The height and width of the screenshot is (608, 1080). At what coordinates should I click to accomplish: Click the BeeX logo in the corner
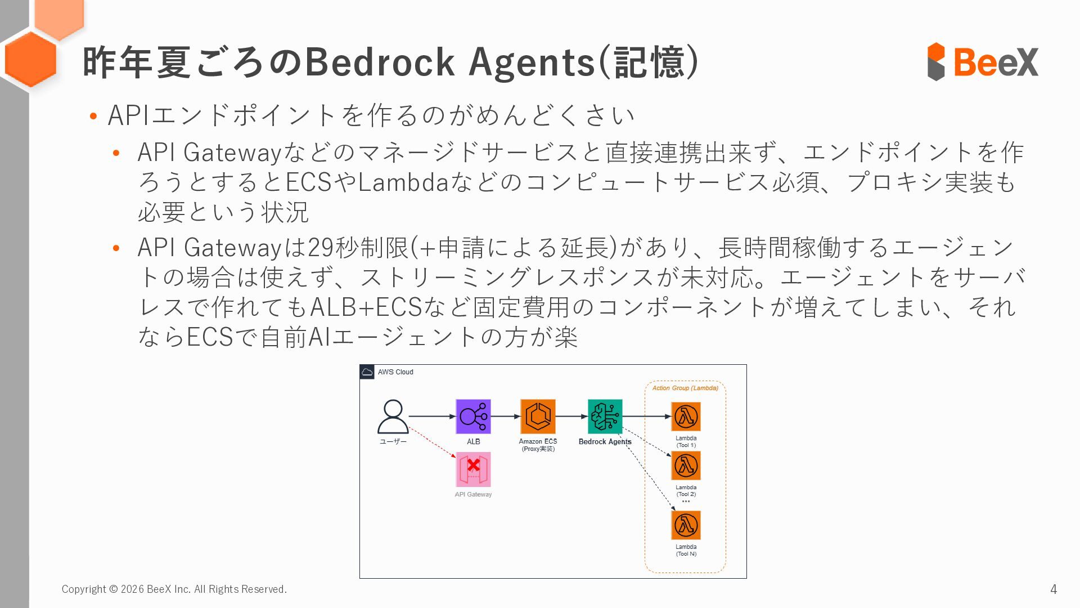tap(982, 61)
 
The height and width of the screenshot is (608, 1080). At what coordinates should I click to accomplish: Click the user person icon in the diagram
tap(393, 417)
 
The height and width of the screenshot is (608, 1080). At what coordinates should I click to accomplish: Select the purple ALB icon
tap(473, 417)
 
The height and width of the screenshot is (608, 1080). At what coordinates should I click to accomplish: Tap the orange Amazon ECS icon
tap(538, 417)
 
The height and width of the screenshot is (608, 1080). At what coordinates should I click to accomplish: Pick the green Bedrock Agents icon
tap(605, 417)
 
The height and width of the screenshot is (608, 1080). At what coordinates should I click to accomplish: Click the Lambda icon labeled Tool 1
tap(686, 417)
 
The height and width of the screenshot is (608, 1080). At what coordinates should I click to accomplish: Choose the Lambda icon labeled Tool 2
tap(686, 466)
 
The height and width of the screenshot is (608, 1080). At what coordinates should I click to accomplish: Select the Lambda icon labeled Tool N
tap(686, 525)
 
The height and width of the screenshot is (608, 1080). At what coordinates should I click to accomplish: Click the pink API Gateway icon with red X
tap(473, 470)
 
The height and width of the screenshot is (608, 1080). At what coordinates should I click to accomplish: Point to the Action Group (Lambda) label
tap(685, 388)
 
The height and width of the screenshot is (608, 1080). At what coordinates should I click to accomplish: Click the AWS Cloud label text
tap(395, 372)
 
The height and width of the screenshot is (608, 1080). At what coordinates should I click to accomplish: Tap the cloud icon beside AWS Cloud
tap(367, 372)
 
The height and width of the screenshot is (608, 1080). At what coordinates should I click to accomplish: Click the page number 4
tap(1054, 589)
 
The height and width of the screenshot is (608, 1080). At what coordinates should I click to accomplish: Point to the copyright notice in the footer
tap(174, 589)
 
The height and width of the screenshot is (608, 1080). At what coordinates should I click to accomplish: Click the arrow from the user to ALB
tap(431, 417)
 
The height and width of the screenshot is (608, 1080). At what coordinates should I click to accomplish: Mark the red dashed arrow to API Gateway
tap(432, 442)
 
